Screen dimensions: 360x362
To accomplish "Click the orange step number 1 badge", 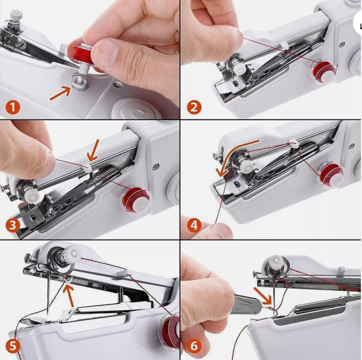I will pyautogui.click(x=13, y=106).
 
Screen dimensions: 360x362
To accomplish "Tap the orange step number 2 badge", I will pyautogui.click(x=194, y=106).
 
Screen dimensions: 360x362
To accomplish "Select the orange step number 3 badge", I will pyautogui.click(x=13, y=225).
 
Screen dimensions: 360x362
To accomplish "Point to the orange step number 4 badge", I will pyautogui.click(x=194, y=225).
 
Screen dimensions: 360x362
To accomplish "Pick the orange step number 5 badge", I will pyautogui.click(x=13, y=346).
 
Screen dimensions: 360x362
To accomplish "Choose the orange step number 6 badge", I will pyautogui.click(x=194, y=346).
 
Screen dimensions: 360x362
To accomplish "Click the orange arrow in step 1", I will pyautogui.click(x=61, y=93).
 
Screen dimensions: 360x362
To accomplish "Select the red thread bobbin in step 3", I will pyautogui.click(x=135, y=199).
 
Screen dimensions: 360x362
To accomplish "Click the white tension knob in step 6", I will pyautogui.click(x=275, y=266).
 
